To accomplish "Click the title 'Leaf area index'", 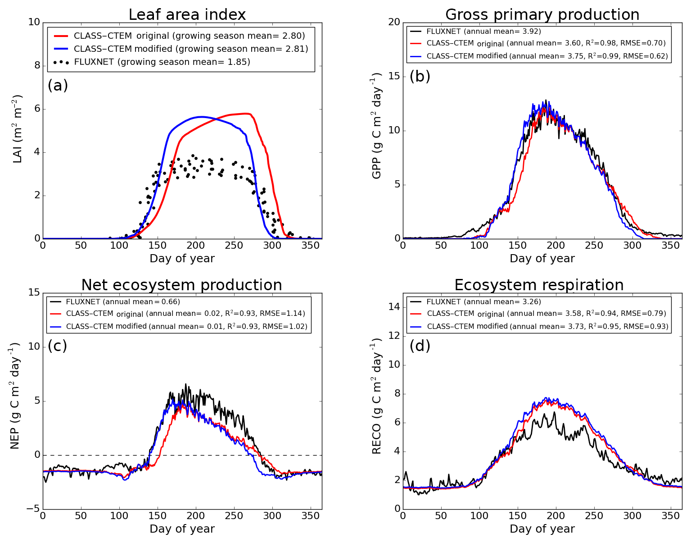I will pyautogui.click(x=187, y=15).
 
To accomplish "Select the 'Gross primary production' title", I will pyautogui.click(x=542, y=15).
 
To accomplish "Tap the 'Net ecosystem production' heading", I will pyautogui.click(x=181, y=285).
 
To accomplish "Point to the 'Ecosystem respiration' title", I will pyautogui.click(x=539, y=285).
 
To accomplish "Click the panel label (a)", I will pyautogui.click(x=58, y=85).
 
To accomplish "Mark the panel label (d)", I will pyautogui.click(x=420, y=346).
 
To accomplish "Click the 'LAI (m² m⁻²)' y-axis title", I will pyautogui.click(x=17, y=129).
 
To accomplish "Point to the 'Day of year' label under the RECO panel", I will pyautogui.click(x=542, y=529).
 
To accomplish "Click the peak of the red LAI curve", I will pyautogui.click(x=246, y=114).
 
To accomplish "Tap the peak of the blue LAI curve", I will pyautogui.click(x=200, y=117).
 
